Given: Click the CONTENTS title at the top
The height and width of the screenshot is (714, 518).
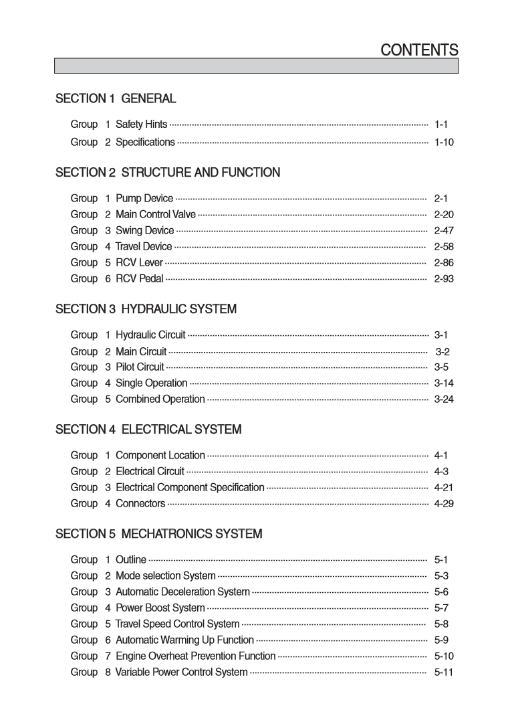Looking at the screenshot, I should click(419, 50).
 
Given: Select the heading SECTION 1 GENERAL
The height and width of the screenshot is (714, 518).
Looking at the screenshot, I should click(116, 99).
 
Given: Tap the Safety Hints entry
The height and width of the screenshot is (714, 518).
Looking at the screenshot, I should click(141, 124).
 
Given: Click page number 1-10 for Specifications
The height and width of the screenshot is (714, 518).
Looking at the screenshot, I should click(444, 143).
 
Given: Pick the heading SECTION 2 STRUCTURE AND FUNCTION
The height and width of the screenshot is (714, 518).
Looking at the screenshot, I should click(168, 173).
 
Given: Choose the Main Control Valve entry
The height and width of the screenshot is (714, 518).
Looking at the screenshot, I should click(156, 215).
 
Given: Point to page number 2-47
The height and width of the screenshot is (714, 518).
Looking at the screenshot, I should click(444, 231).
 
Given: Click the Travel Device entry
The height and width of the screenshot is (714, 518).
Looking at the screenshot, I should click(143, 247).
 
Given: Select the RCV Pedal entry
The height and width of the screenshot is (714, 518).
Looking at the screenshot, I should click(139, 279).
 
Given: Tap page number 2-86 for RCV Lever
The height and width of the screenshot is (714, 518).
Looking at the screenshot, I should click(444, 263).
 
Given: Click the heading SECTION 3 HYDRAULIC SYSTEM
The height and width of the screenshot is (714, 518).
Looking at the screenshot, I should click(146, 309).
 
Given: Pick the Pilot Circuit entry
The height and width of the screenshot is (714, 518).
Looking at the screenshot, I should click(140, 367).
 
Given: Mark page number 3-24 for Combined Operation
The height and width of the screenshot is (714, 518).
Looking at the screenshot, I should click(444, 399).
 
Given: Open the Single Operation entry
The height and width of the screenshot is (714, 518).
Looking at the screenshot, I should click(151, 383).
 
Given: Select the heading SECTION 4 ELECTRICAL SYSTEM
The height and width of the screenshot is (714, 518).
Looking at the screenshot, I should click(148, 429).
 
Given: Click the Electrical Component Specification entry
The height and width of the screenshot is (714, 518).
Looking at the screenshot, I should click(190, 488).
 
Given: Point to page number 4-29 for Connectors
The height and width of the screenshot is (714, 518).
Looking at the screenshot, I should click(444, 504).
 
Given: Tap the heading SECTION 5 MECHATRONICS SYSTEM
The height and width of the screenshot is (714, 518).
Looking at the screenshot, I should click(158, 534).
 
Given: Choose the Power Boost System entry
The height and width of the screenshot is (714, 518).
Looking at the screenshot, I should click(160, 608).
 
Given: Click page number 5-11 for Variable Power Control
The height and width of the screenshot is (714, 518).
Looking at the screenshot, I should click(444, 673).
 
